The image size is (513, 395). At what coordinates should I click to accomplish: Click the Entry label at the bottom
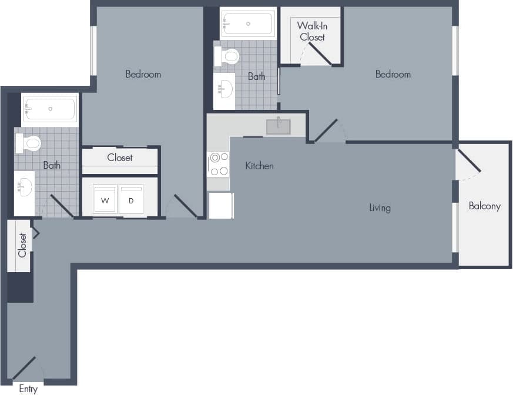pyautogui.click(x=28, y=389)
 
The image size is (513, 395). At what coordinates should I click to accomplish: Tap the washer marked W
pyautogui.click(x=105, y=200)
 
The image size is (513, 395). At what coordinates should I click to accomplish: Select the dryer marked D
pyautogui.click(x=131, y=200)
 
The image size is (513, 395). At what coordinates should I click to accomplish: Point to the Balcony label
pyautogui.click(x=484, y=206)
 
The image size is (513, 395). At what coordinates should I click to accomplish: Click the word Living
pyautogui.click(x=380, y=207)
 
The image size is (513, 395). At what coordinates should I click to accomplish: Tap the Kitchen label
pyautogui.click(x=259, y=166)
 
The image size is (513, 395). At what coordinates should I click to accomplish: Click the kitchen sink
pyautogui.click(x=278, y=127)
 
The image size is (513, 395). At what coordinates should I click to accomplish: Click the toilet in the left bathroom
pyautogui.click(x=29, y=143)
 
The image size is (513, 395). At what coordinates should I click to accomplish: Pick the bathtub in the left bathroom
pyautogui.click(x=50, y=109)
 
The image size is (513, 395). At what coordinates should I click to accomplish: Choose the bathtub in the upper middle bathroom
pyautogui.click(x=247, y=24)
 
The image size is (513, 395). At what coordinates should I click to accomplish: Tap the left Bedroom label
pyautogui.click(x=143, y=74)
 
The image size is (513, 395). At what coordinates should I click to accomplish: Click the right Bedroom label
pyautogui.click(x=393, y=74)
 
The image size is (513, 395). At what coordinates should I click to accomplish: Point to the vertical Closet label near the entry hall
pyautogui.click(x=22, y=245)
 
